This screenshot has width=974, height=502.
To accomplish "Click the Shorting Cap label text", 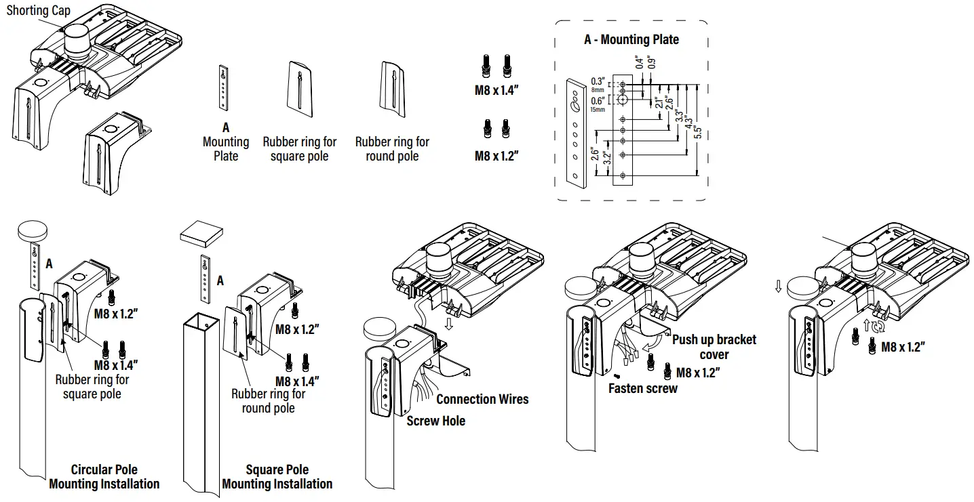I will [x=38, y=11].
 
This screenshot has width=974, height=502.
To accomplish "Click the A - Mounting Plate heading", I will [x=631, y=40].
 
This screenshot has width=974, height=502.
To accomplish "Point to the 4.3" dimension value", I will [x=689, y=124].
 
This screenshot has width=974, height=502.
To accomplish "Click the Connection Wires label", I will [x=482, y=399].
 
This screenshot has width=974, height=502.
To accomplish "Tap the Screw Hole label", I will [x=435, y=421].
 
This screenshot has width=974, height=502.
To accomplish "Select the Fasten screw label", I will [x=642, y=388].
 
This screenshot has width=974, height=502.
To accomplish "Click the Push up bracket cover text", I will [x=714, y=347].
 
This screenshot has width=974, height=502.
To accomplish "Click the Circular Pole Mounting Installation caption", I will [x=104, y=477].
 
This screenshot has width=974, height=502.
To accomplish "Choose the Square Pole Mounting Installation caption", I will [x=277, y=477].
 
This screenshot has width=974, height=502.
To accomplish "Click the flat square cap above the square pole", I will [x=201, y=234].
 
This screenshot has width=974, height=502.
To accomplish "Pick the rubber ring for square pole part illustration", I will [x=299, y=85].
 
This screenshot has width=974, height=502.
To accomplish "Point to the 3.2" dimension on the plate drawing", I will [x=608, y=157].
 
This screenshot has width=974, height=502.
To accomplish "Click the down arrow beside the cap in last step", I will [x=778, y=287].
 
